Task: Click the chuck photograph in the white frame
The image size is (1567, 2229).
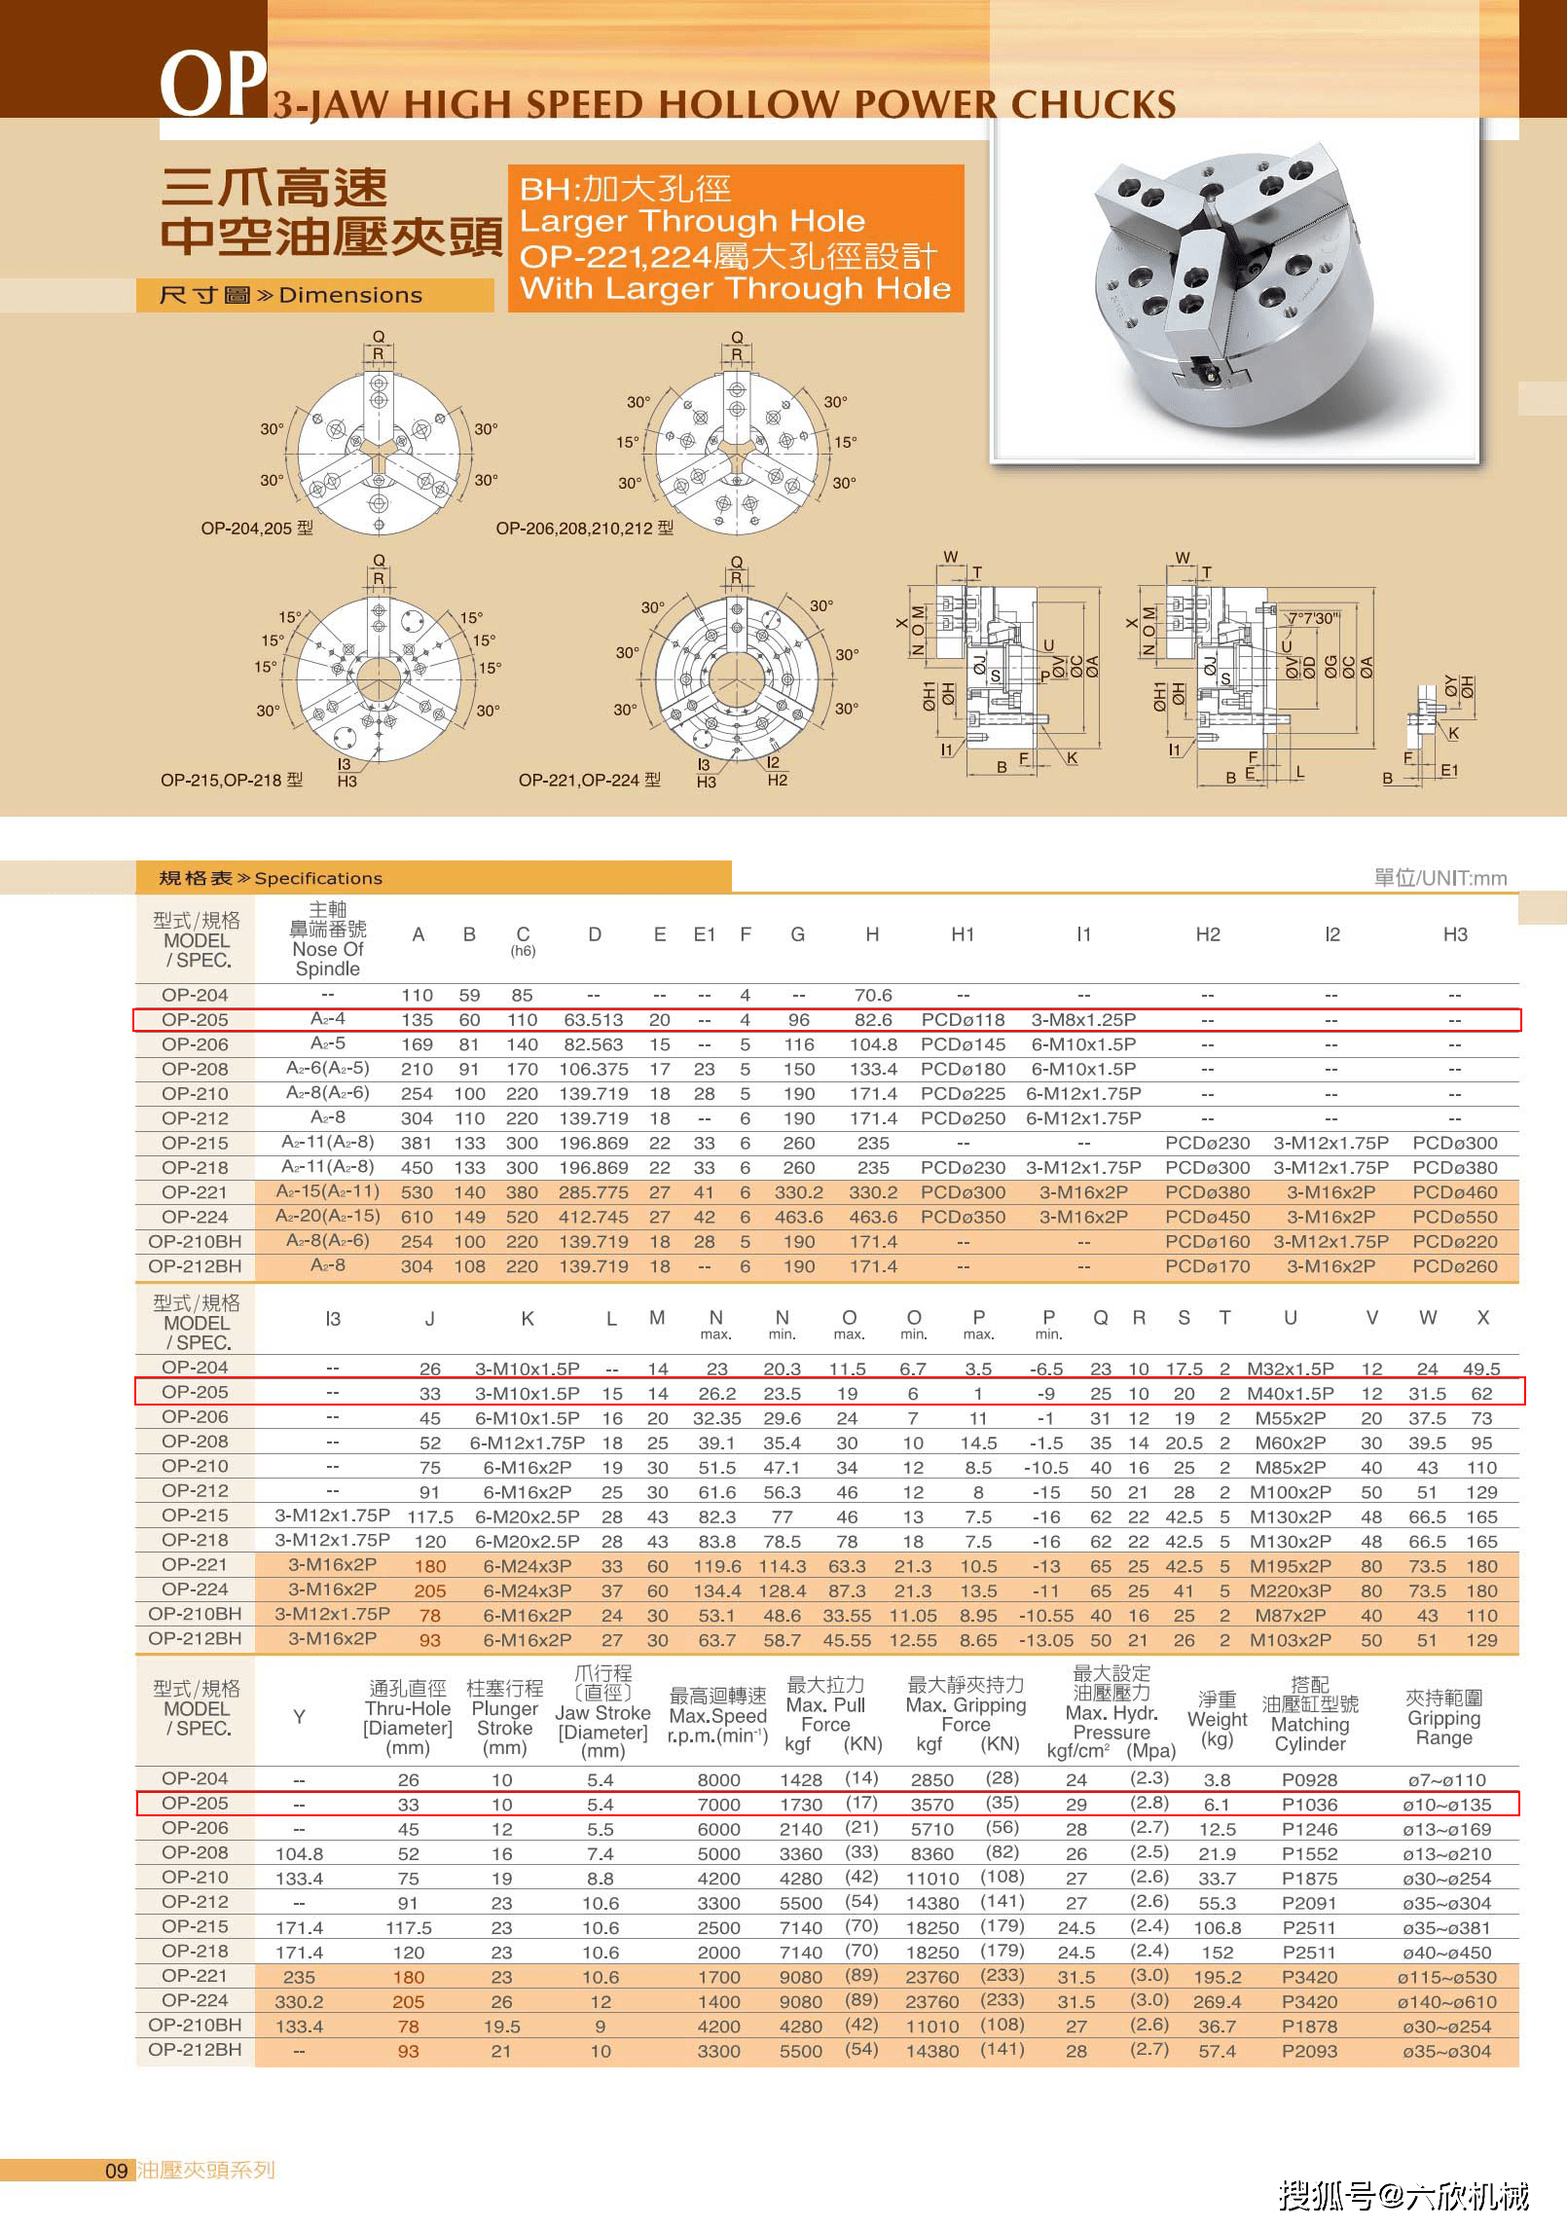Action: point(1235,292)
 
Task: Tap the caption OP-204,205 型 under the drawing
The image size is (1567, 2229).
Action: point(257,529)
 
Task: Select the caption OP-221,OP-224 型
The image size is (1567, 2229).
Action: point(589,780)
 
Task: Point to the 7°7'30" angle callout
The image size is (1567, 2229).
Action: point(1313,618)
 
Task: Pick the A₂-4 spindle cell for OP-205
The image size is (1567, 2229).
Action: point(327,1019)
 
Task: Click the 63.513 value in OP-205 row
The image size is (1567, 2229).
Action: point(594,1020)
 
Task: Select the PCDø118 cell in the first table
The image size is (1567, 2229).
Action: point(963,1020)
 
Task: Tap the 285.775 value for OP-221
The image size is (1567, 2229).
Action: point(594,1192)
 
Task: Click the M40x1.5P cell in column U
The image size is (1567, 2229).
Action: point(1290,1394)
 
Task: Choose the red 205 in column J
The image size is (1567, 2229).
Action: point(429,1590)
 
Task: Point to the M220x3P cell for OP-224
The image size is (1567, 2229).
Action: point(1290,1590)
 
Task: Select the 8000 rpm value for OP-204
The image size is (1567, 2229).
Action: point(718,1780)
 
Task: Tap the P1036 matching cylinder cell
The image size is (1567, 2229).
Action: point(1309,1805)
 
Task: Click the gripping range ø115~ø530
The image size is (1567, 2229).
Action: point(1446,1977)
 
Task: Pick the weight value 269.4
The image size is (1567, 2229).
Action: point(1217,2001)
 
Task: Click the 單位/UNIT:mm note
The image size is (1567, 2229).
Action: point(1439,878)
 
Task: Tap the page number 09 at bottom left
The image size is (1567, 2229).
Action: point(116,2171)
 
